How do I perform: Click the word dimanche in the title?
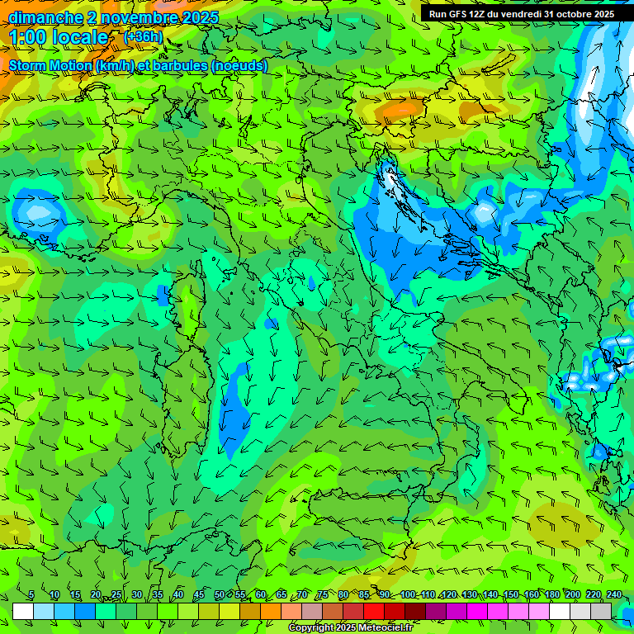click(45, 17)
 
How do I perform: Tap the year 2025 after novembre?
click(196, 17)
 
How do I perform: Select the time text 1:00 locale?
click(59, 37)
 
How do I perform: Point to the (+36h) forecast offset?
click(143, 37)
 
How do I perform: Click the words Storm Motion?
click(50, 65)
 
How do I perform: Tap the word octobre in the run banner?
click(570, 14)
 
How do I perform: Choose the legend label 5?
click(31, 595)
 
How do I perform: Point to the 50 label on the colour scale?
click(219, 595)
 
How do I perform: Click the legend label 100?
click(408, 595)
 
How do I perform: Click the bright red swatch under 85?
click(374, 611)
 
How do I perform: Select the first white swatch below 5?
click(23, 611)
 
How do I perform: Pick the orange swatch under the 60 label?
click(250, 611)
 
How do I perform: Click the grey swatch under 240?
click(601, 611)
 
